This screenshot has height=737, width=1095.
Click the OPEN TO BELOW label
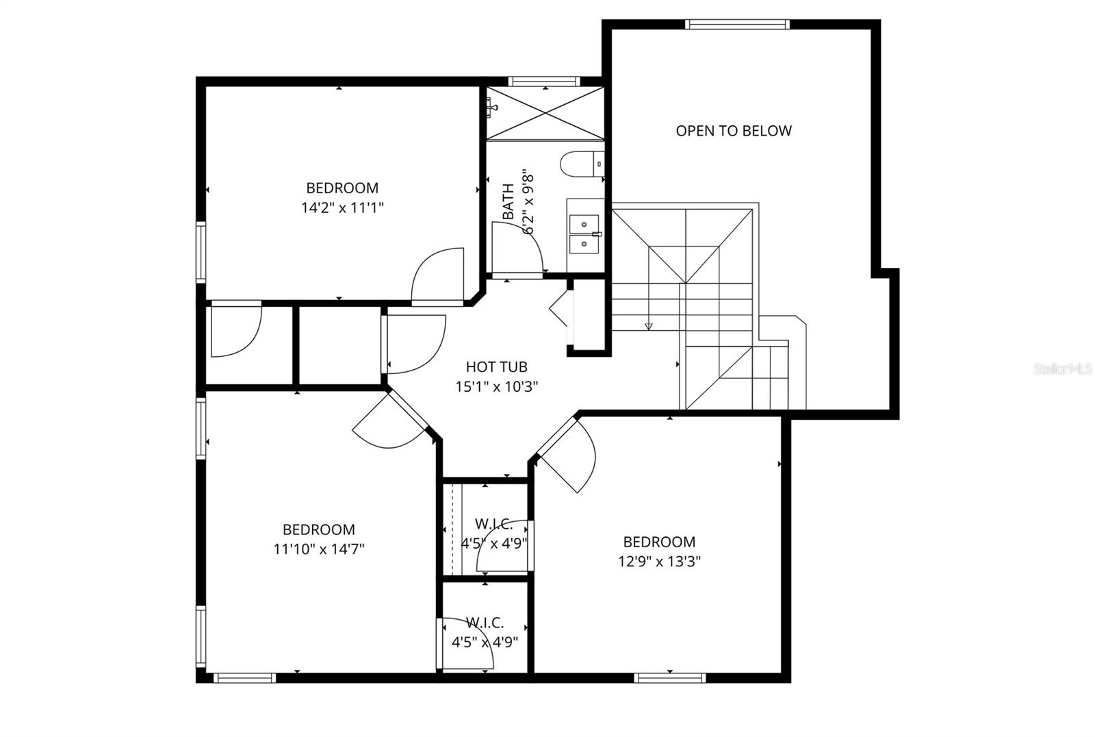(x=734, y=131)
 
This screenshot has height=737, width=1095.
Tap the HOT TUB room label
(x=496, y=367)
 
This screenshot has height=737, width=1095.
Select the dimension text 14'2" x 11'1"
(x=342, y=208)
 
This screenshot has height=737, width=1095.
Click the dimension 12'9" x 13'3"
(x=659, y=562)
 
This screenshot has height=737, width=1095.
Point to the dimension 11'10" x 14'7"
(x=319, y=549)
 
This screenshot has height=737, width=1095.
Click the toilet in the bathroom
(x=580, y=164)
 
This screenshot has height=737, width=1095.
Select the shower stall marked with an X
(x=545, y=114)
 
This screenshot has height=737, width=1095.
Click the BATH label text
(x=508, y=201)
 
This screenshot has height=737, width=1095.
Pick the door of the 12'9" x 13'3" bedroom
(x=568, y=455)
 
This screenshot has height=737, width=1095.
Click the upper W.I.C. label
(x=493, y=524)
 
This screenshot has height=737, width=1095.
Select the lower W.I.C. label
(x=485, y=623)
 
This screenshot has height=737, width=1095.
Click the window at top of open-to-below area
(x=738, y=25)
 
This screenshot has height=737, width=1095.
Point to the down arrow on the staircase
(x=649, y=325)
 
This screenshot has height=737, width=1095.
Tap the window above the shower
(x=545, y=81)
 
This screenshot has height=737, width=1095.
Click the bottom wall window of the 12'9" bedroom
(x=669, y=678)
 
